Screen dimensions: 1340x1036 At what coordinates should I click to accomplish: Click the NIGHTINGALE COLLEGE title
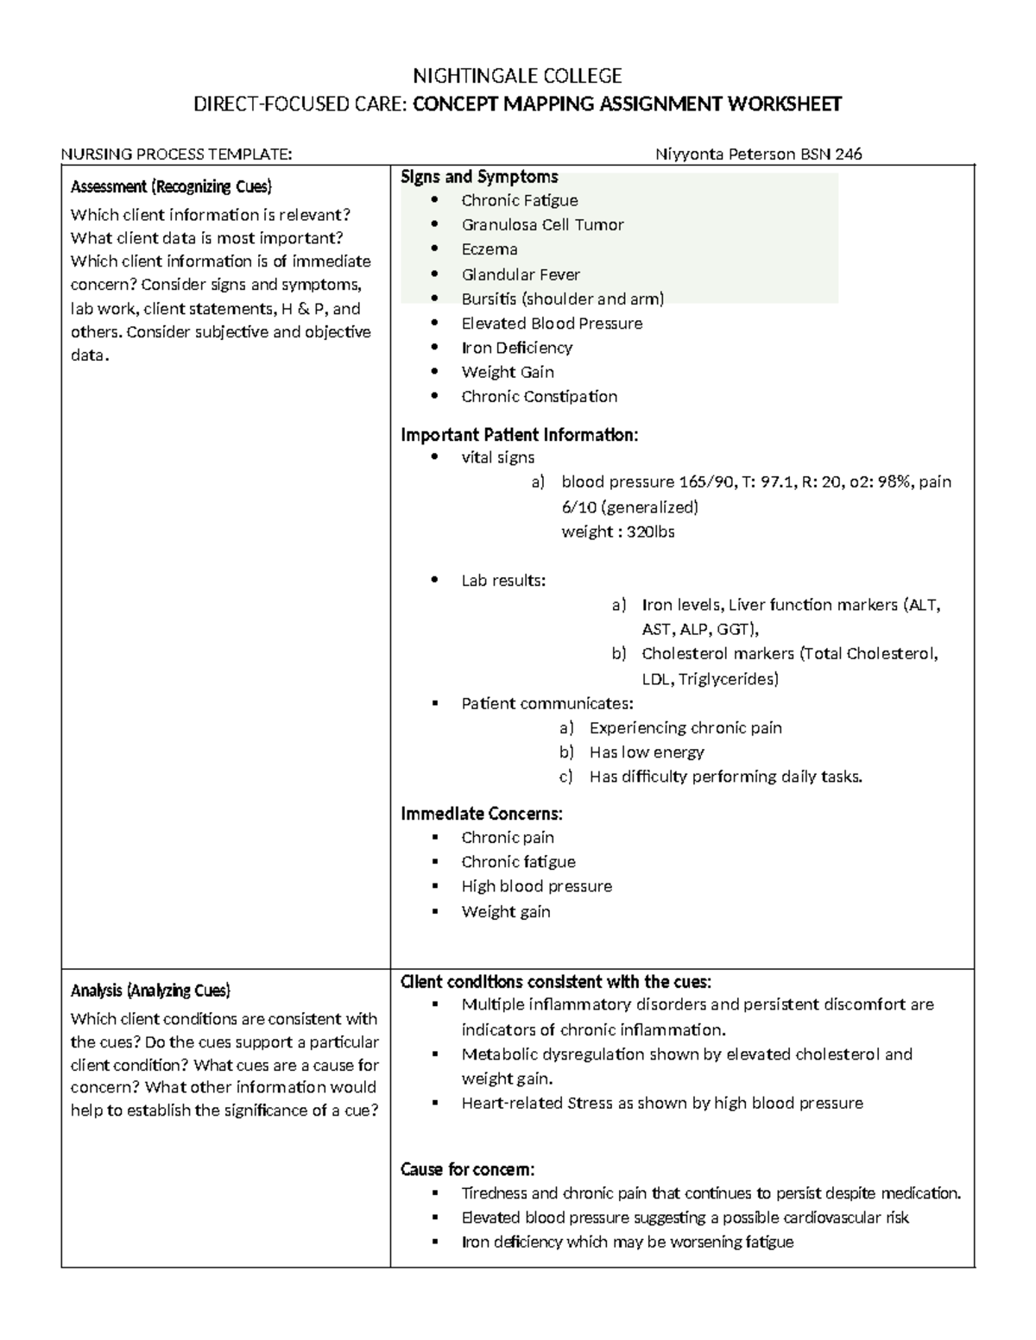517,76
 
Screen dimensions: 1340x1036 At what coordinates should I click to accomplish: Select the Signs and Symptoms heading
479,177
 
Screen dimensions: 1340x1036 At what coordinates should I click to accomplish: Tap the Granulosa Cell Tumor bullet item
542,225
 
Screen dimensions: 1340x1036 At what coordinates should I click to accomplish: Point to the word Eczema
490,249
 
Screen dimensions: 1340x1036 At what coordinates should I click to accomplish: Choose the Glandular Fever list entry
521,274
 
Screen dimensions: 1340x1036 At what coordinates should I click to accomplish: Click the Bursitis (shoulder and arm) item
562,299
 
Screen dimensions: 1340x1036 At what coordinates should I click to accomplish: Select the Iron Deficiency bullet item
516,348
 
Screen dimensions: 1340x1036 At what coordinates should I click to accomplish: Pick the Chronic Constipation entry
539,397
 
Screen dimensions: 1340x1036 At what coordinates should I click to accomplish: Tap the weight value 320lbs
651,532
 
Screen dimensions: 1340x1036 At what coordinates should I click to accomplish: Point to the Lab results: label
503,581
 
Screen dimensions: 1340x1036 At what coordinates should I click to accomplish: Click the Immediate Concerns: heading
482,814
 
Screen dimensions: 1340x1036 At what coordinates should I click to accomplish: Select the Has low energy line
647,752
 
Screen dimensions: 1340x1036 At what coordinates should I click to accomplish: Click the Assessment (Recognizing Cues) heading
171,186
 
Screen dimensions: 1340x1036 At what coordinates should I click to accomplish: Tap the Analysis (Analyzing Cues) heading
150,991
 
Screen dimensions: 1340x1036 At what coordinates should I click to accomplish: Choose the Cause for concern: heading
468,1170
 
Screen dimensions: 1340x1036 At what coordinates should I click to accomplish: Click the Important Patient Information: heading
520,435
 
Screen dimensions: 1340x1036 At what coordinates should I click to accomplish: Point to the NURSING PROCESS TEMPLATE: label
176,154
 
